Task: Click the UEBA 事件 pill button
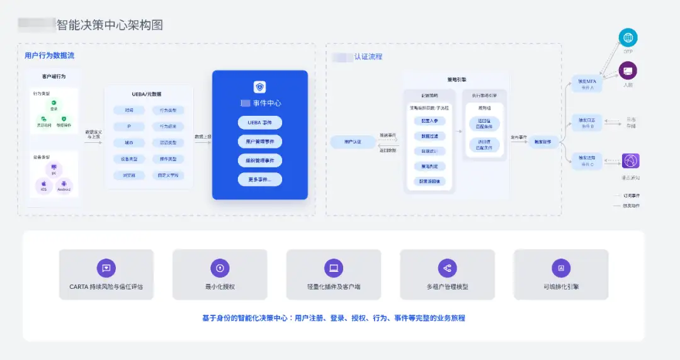tap(259, 123)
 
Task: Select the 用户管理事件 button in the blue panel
tap(259, 142)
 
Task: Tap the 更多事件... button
tap(259, 180)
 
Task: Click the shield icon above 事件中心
tap(259, 87)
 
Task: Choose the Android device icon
tap(64, 184)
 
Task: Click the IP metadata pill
tap(129, 127)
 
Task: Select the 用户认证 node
tap(353, 142)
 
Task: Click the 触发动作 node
tap(543, 142)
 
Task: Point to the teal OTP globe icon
tap(628, 38)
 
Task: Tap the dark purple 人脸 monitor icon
tap(628, 70)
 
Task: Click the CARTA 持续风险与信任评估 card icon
tap(106, 268)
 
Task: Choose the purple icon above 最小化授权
tap(220, 268)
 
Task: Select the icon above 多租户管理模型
tap(447, 268)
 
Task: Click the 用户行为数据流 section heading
tap(49, 55)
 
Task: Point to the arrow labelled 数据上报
tap(203, 142)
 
